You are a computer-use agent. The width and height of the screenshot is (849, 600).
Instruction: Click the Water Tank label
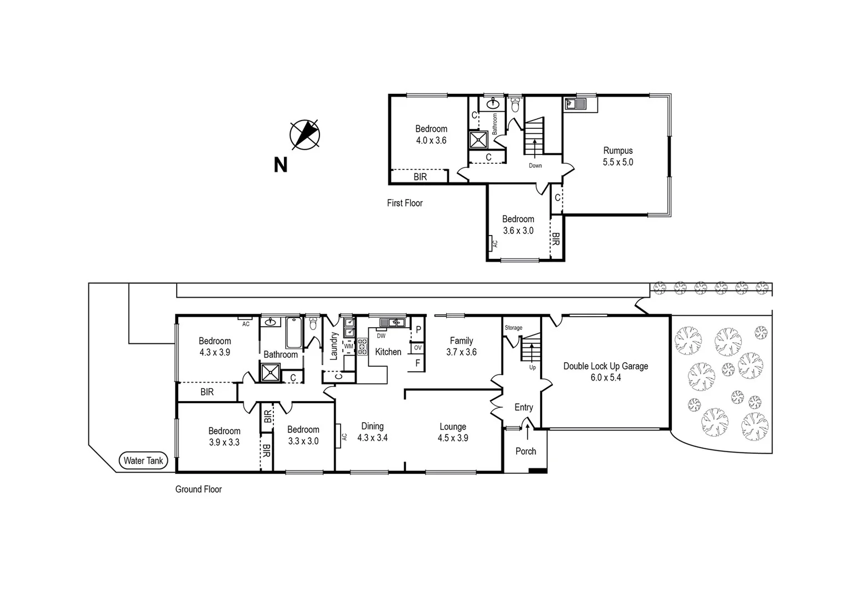pos(143,461)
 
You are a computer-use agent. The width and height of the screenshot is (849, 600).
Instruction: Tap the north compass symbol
pos(304,134)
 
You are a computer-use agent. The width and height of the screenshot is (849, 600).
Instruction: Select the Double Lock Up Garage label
pos(605,366)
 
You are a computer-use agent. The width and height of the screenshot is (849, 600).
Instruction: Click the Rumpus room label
pos(618,151)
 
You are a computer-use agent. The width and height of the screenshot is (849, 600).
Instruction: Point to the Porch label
pos(525,451)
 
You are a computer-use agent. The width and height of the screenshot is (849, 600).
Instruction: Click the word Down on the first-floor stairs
pos(535,166)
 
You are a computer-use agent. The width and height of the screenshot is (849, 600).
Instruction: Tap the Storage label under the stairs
pos(513,328)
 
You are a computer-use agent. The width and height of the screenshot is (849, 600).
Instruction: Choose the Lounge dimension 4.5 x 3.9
pos(453,438)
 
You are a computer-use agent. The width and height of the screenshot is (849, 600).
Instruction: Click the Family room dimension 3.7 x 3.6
pos(461,352)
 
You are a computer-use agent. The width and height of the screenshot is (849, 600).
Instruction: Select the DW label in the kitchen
pos(381,336)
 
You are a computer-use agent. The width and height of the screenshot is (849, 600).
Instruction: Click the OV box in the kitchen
pos(417,348)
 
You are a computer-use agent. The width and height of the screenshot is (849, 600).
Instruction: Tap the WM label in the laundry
pos(348,346)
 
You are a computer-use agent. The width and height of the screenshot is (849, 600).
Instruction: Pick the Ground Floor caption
pos(198,489)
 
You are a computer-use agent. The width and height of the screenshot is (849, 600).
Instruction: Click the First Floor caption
pos(404,203)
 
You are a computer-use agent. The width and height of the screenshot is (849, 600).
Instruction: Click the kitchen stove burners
pos(362,346)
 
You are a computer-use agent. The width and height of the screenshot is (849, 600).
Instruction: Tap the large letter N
pos(281,165)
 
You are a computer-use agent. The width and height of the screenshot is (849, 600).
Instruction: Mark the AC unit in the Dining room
pos(338,436)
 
